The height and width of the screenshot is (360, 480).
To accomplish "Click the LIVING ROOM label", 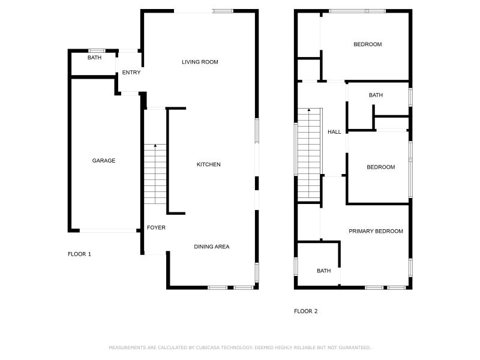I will pos(200,62).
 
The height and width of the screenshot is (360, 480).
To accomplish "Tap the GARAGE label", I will pos(103,161).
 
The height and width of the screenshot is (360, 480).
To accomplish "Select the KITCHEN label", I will pos(209,164).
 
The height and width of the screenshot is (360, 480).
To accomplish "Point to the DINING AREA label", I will pos(211,247).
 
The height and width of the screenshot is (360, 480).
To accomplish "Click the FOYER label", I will pos(156,228).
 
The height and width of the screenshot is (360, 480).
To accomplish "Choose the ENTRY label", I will pos(131,73).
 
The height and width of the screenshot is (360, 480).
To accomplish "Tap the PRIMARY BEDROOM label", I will pos(376,231).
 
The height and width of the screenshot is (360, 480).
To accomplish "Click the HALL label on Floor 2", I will pos(334,132).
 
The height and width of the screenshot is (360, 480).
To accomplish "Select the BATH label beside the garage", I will pos(94,58).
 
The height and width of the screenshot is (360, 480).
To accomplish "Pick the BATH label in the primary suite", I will pos(323,271).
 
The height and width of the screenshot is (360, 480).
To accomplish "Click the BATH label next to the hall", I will pos(376,95).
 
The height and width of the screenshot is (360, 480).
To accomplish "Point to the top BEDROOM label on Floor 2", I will pos(367,44).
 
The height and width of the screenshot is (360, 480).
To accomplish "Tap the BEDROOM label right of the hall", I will pos(381,167).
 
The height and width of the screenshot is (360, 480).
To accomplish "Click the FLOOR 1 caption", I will pos(79,254).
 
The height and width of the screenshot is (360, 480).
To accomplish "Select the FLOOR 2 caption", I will pos(305,311).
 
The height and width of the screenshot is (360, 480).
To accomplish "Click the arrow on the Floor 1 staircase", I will pos(155,146).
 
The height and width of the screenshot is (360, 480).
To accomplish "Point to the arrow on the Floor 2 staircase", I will pos(309,110).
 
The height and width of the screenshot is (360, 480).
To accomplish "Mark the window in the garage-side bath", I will pos(97,50).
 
